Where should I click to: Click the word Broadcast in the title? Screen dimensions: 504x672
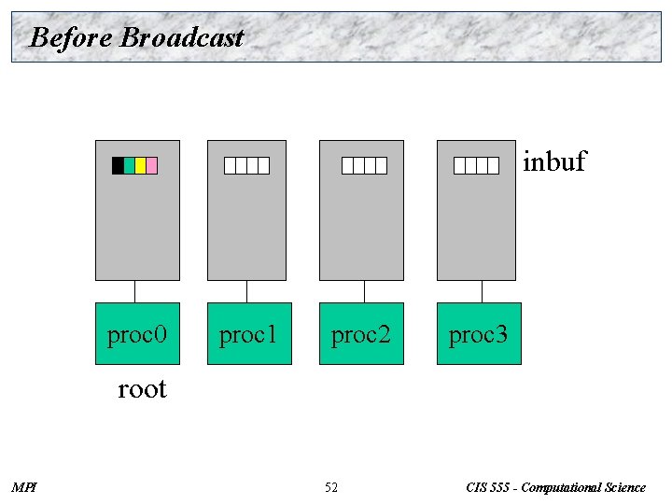pos(182,37)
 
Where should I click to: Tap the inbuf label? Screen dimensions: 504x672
pos(554,161)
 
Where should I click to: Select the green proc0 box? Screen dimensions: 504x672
pos(137,333)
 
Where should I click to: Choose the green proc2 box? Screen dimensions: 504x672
pos(361,333)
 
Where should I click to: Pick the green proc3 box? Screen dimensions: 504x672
pos(479,333)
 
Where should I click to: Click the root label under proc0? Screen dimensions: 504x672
pos(142,388)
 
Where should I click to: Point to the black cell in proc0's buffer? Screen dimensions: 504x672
pos(118,165)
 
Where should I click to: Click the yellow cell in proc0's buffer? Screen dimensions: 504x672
pos(140,165)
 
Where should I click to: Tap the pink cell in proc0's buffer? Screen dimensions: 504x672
pos(151,165)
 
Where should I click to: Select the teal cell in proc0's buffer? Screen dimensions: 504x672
pos(129,165)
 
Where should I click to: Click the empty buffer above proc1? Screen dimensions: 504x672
pos(246,165)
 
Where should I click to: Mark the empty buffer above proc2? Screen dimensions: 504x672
pos(364,165)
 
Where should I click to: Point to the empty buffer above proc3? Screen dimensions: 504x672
pos(476,165)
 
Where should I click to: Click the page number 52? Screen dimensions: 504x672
pos(331,487)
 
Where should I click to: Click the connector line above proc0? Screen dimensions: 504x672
pos(135,291)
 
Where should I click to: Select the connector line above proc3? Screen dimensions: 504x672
pos(482,291)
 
